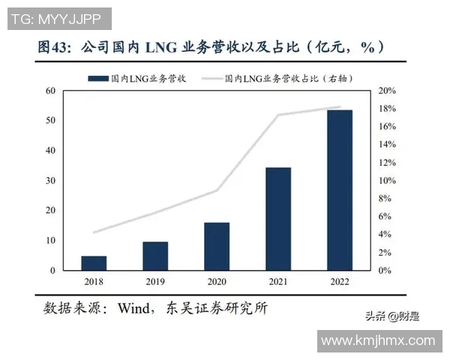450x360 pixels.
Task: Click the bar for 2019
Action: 155,256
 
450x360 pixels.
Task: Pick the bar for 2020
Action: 217,246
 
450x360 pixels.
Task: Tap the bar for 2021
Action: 278,218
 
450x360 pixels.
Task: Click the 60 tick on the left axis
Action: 51,91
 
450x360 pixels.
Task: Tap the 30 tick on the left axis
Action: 51,181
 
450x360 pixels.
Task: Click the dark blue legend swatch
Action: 97,77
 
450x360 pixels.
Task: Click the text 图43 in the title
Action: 51,46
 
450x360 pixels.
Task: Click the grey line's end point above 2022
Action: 340,107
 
